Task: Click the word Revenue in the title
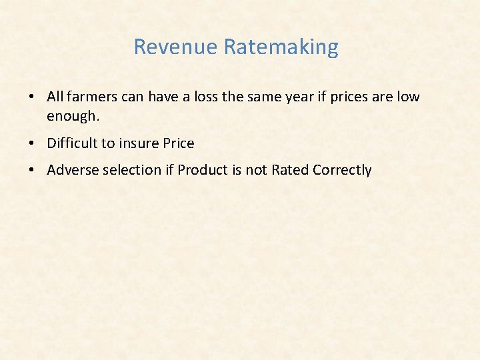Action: point(176,47)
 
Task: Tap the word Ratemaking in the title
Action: point(281,47)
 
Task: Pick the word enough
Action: point(73,117)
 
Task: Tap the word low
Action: point(408,97)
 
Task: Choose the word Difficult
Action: point(75,143)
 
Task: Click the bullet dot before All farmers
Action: point(32,97)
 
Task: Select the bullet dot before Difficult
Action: point(32,144)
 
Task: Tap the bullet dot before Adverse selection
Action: point(32,171)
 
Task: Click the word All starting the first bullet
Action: point(55,97)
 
